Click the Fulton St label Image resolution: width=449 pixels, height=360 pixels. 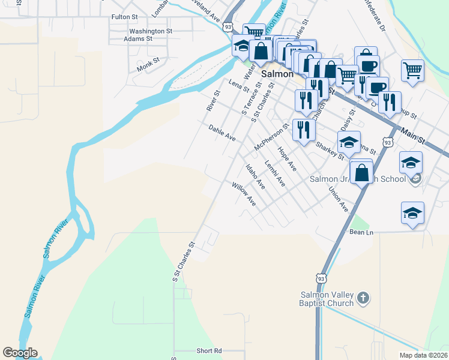click(x=125, y=17)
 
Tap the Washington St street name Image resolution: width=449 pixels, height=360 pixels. click(x=151, y=31)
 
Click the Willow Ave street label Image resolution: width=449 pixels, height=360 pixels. click(x=244, y=194)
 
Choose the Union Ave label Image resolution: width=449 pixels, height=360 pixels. click(x=339, y=199)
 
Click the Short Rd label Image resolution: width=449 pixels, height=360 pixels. click(x=209, y=350)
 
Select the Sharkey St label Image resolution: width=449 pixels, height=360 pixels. click(x=330, y=148)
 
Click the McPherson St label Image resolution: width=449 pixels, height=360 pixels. click(x=271, y=137)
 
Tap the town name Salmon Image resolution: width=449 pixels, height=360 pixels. click(x=277, y=74)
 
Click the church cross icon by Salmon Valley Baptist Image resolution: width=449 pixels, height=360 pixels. click(x=362, y=298)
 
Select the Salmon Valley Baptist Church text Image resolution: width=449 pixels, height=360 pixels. click(x=328, y=299)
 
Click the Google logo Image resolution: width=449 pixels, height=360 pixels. click(x=20, y=353)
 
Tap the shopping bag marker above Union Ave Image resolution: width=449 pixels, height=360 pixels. click(x=361, y=172)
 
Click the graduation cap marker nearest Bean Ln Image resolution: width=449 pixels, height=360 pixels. click(x=412, y=214)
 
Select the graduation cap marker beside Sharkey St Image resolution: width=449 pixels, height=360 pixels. click(x=349, y=143)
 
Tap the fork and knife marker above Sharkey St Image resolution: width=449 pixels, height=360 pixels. click(x=304, y=129)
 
